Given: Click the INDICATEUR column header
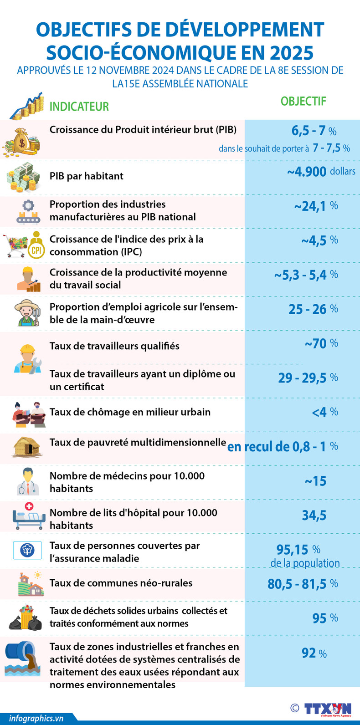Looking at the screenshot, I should (x=79, y=107).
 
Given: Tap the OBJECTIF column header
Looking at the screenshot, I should (x=303, y=101).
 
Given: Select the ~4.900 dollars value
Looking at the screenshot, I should (x=321, y=172).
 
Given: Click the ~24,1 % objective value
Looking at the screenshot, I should (x=316, y=206).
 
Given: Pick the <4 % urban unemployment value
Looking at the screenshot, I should (x=324, y=412).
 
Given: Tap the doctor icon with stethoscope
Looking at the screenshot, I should (x=28, y=481).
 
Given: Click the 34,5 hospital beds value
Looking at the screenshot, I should (x=314, y=516).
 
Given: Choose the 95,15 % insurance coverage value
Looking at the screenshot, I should (x=298, y=550).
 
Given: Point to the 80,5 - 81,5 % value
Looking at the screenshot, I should (x=303, y=584).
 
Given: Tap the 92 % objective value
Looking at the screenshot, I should (x=314, y=653).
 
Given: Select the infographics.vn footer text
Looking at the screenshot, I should (x=36, y=718).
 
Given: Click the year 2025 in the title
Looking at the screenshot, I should (x=291, y=53).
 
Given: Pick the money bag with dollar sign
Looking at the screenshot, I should (x=21, y=142).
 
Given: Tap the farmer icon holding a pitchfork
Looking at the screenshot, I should (x=28, y=312).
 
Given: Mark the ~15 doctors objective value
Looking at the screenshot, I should (x=315, y=481).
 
